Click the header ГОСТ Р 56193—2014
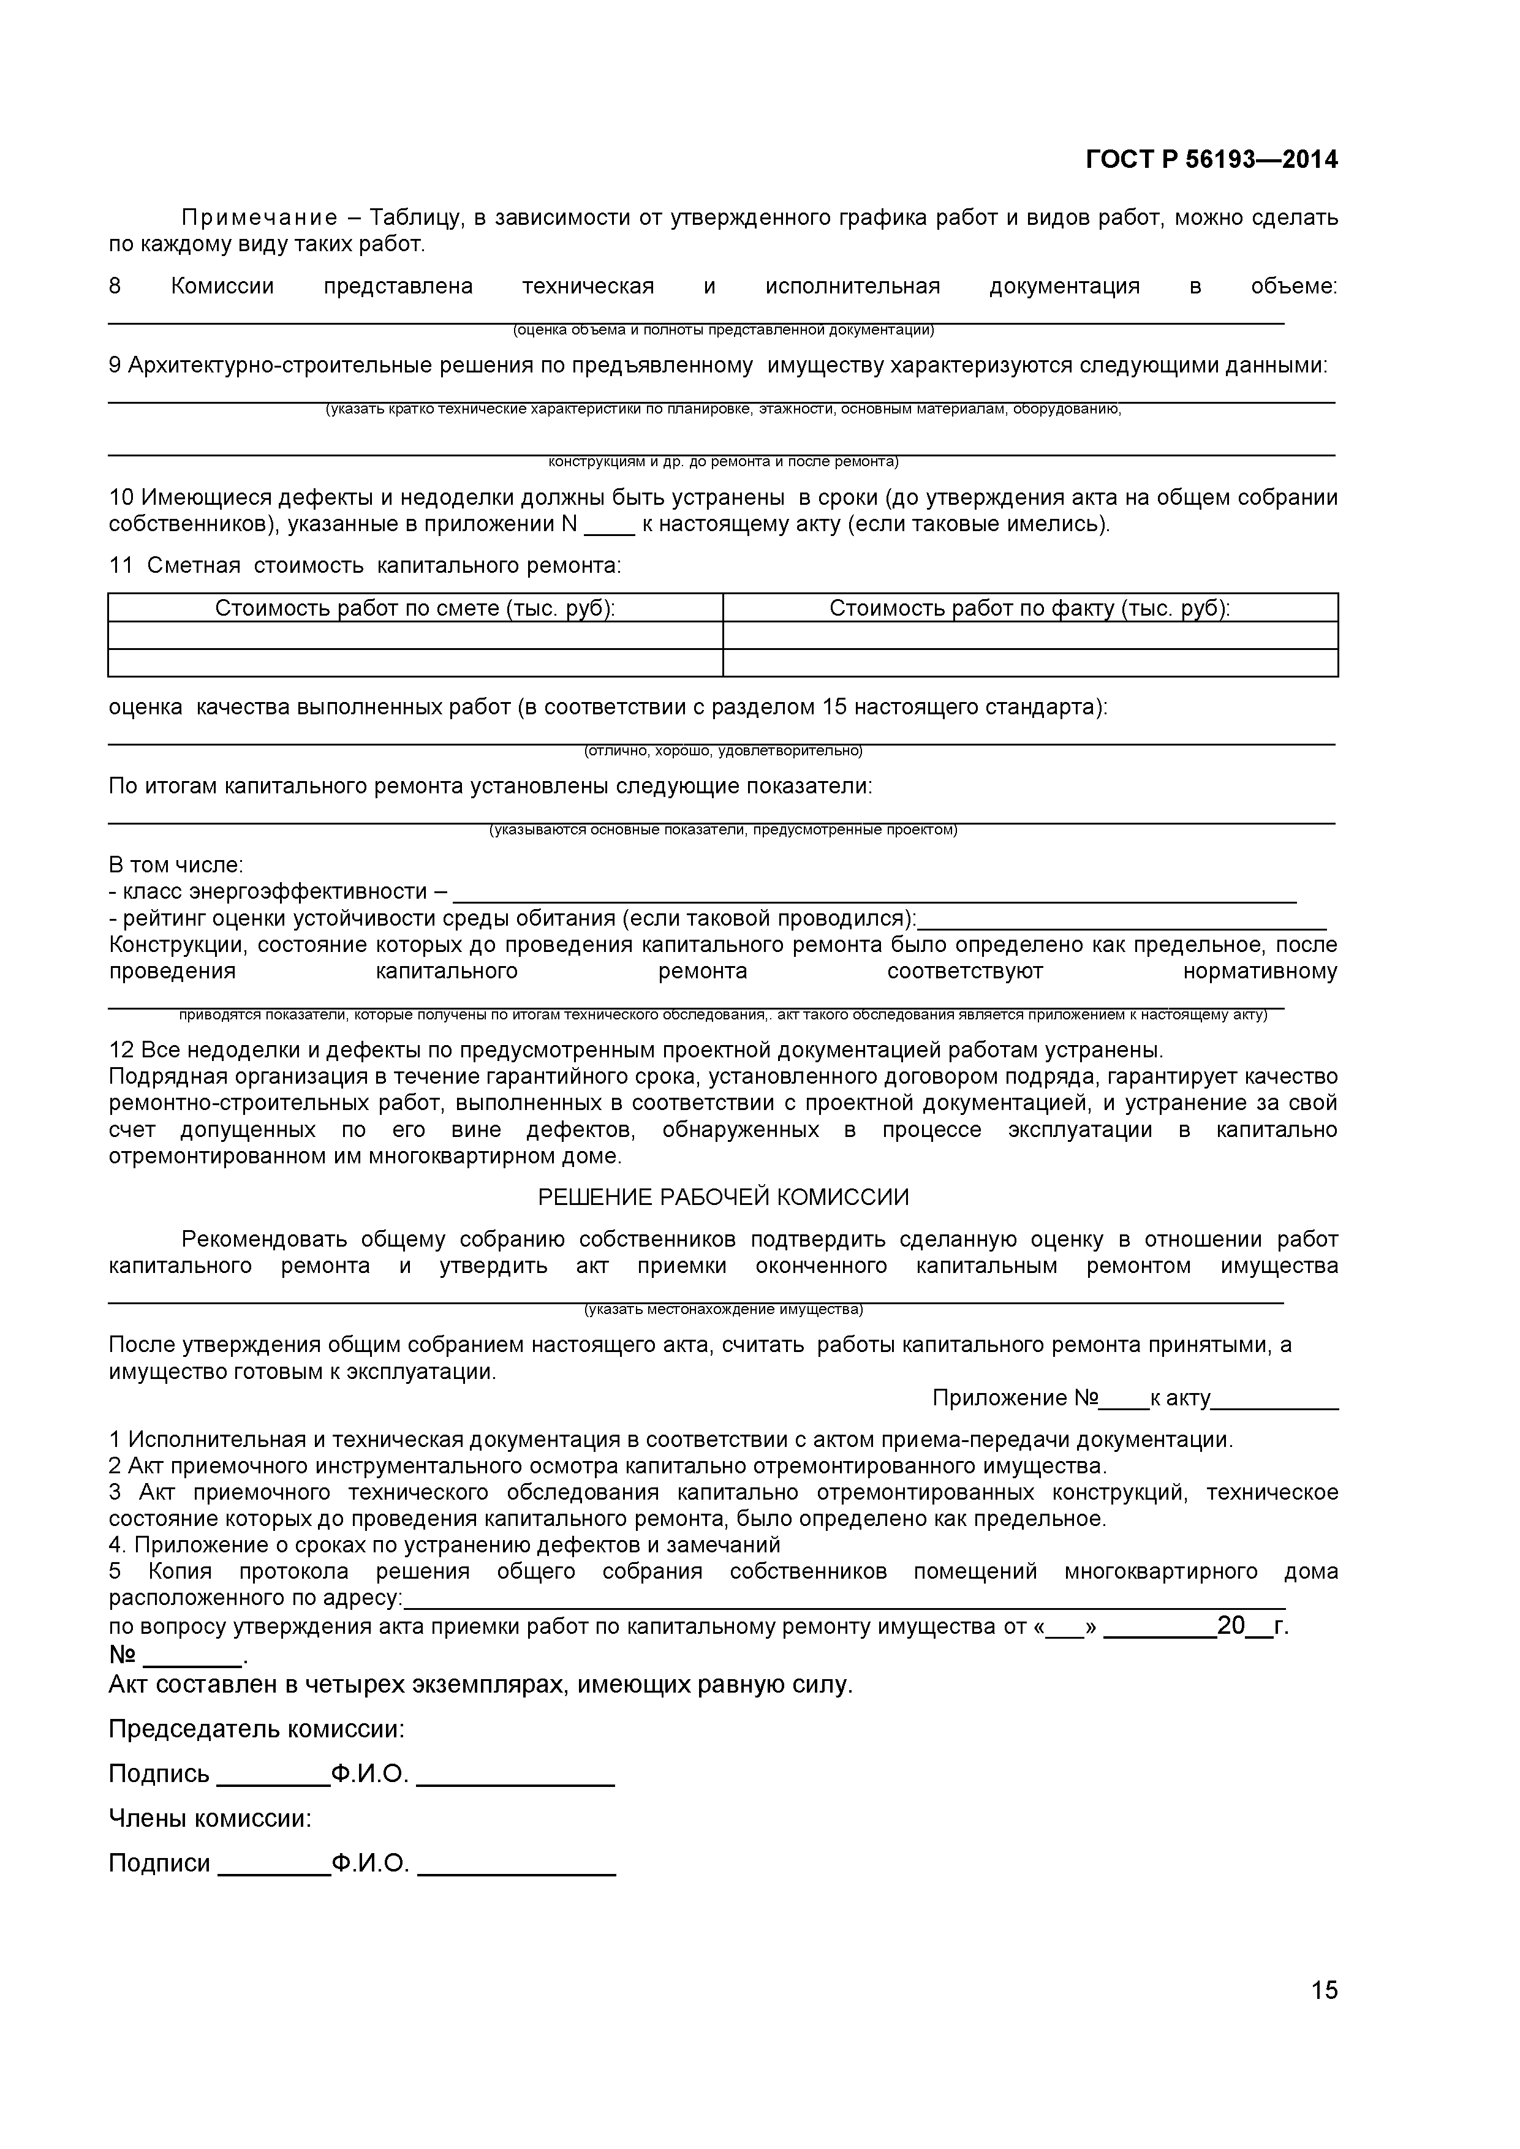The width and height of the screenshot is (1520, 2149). pos(1211,160)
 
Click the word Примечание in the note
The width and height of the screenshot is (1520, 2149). pos(259,218)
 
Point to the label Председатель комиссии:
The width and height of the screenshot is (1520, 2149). pos(257,1729)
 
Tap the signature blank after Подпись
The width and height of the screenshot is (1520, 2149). pos(273,1775)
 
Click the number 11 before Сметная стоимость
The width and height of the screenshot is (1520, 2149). pos(121,565)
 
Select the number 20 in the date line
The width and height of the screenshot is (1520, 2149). pos(1231,1626)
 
